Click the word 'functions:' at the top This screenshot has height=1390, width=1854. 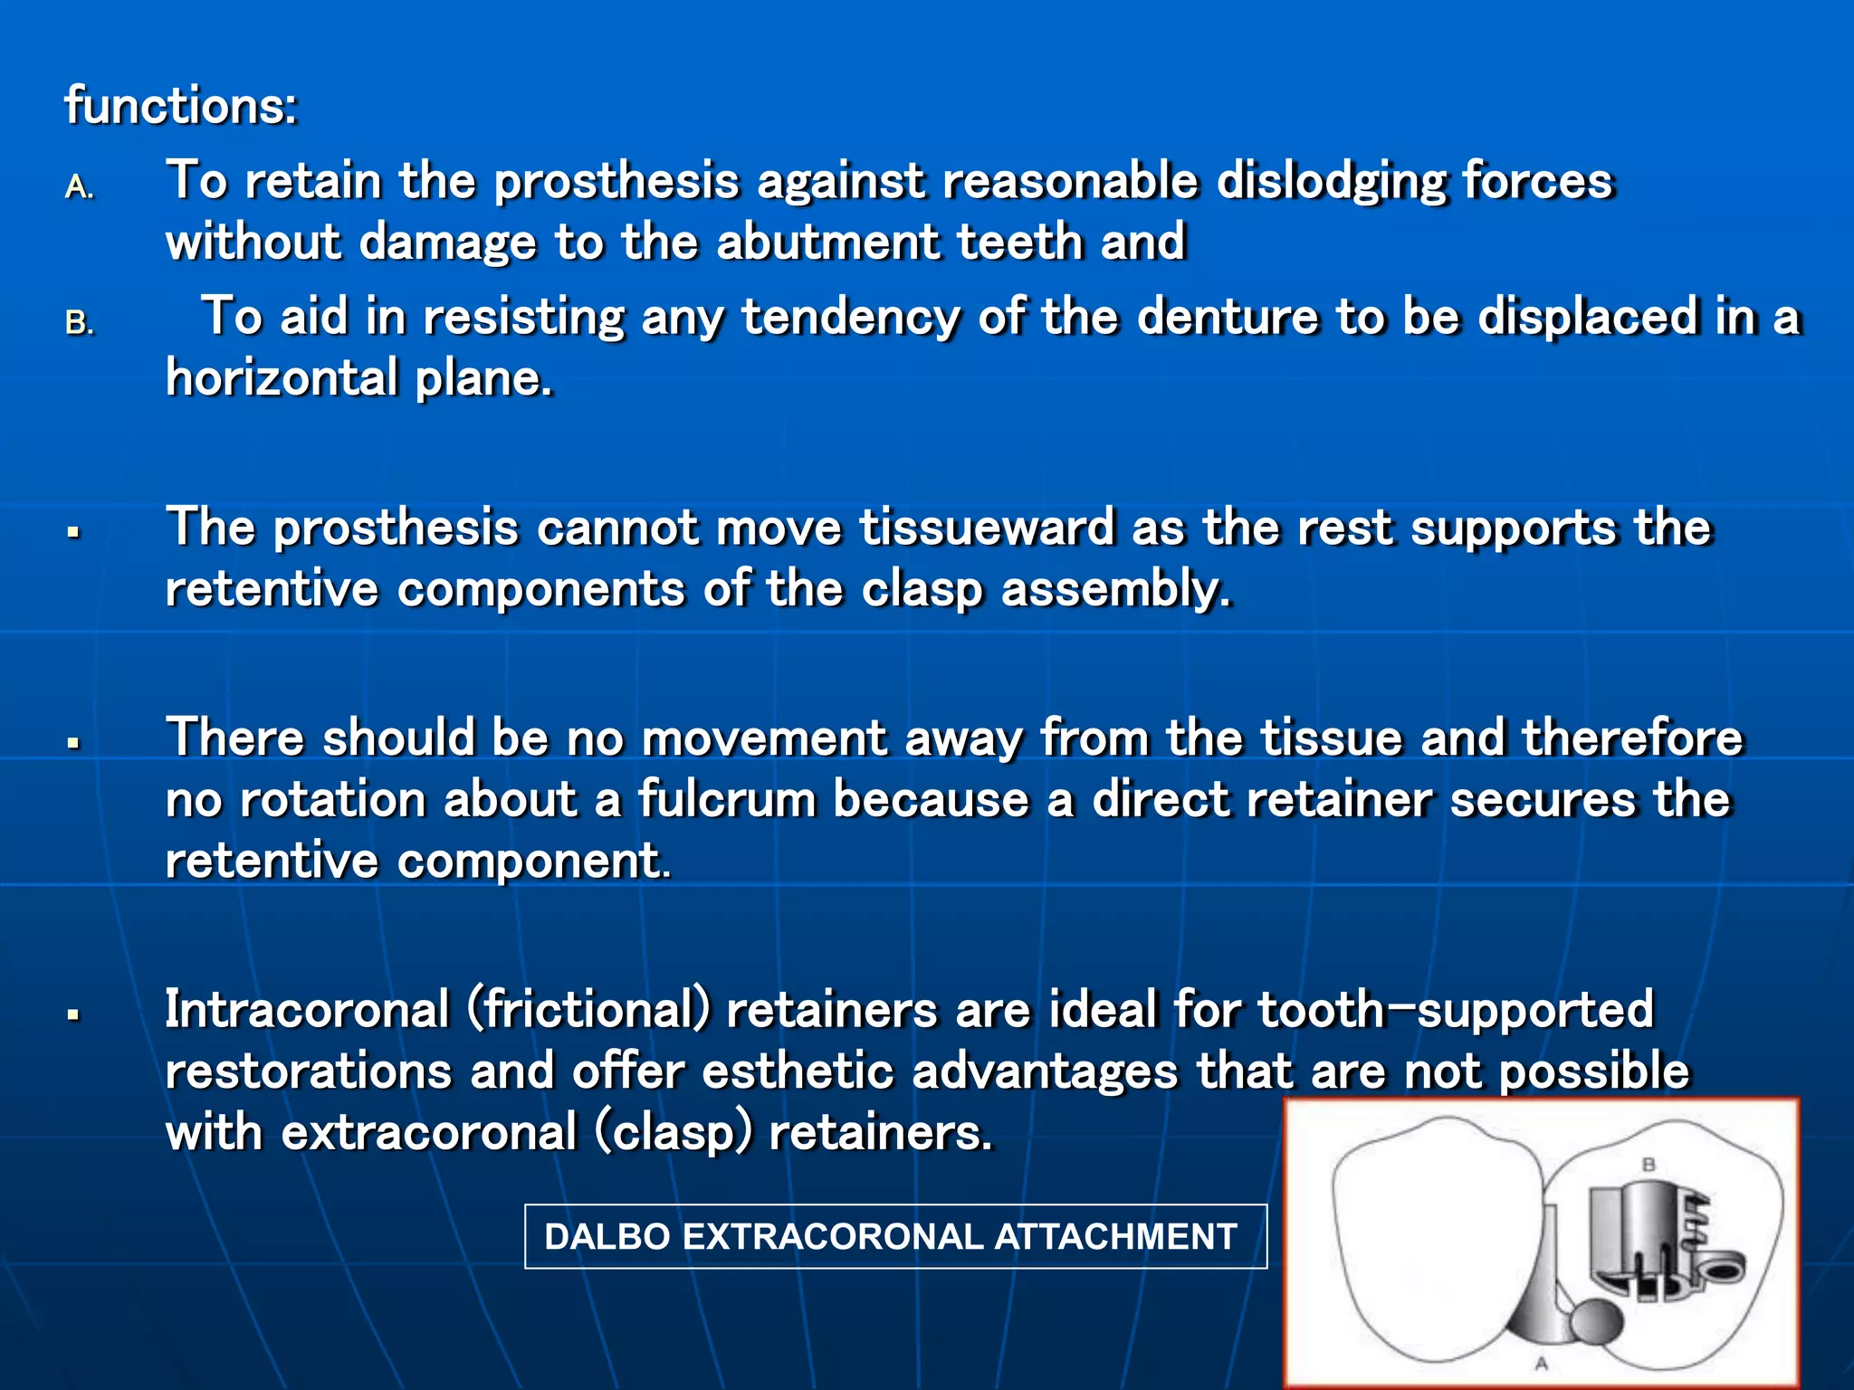(x=180, y=106)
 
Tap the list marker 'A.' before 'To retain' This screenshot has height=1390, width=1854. (x=80, y=186)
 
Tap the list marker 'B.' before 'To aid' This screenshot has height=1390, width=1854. (x=80, y=323)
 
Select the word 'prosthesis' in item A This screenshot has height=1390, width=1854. (x=616, y=181)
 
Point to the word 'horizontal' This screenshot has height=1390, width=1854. (x=282, y=377)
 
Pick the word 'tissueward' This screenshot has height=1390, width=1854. (x=987, y=528)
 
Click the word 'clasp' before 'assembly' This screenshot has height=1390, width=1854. (x=922, y=590)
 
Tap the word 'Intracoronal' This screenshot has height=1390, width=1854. (x=307, y=1010)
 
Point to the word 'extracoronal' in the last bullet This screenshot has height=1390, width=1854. (x=428, y=1133)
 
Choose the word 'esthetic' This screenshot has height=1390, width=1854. (x=798, y=1072)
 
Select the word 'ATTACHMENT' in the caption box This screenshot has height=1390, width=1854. (x=1115, y=1237)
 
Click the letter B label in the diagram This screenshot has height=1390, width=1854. (x=1649, y=1165)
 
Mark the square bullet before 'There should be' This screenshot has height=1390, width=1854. (x=74, y=744)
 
